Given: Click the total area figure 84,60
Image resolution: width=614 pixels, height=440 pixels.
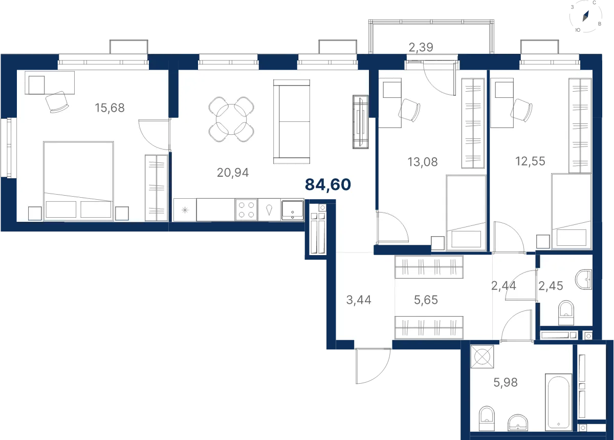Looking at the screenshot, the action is coord(328,184).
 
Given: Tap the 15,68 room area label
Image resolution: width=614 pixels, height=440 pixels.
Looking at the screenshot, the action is coord(109,108).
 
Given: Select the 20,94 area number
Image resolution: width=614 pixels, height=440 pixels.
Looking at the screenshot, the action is coord(233,173).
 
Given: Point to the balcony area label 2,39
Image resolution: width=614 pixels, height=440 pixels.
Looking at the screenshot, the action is coord(421,47).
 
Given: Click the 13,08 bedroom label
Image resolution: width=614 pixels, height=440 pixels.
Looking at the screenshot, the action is coord(423,162).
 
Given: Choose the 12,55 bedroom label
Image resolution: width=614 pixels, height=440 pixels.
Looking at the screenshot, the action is coord(530,161).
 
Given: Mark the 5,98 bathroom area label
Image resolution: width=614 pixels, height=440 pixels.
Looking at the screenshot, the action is coord(506,382).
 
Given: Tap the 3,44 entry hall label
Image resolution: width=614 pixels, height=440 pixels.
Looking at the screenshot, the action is coord(359,300).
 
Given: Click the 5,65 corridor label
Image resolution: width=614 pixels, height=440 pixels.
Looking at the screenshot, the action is coord(426,300).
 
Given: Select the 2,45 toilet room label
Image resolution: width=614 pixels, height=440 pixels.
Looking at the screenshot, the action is coord(551,286).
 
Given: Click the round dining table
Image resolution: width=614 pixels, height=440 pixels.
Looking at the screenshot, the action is coord(231,119).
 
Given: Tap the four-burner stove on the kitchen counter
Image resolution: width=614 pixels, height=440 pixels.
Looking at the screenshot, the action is coord(246,210).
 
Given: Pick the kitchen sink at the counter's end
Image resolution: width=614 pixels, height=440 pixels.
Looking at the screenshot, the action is coord(292,210).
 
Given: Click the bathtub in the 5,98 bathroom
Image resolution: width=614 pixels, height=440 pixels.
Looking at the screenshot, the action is coord(558,402).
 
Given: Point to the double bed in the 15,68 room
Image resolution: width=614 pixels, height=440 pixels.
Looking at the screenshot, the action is coord(78,181).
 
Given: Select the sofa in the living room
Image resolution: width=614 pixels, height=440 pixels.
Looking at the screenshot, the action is coord(292,121).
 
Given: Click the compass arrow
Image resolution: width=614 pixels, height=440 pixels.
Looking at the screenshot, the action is coord(585,16).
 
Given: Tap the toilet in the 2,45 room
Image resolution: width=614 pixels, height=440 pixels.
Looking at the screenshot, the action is coord(566,313).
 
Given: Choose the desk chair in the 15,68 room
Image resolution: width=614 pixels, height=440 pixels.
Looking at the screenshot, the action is coord(57,102).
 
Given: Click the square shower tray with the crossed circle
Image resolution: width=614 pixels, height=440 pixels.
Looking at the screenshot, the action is coord(482,357).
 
